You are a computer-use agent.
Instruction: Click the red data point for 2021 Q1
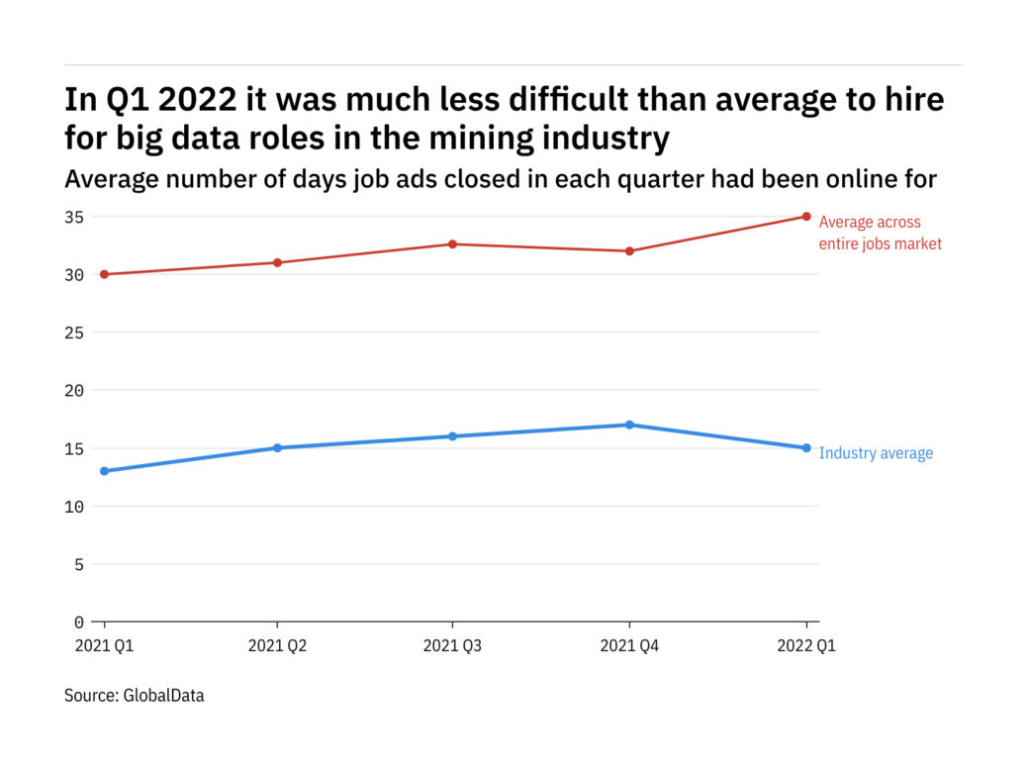(104, 274)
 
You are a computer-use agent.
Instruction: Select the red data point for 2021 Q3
(453, 243)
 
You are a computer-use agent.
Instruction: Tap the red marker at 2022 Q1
(806, 217)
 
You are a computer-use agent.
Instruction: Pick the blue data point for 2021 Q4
(629, 425)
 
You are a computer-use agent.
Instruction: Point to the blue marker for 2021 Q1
(104, 471)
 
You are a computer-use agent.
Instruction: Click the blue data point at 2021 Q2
(278, 447)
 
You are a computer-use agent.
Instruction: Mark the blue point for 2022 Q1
(806, 447)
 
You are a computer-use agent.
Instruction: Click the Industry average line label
(876, 453)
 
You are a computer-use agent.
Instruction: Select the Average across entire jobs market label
(880, 233)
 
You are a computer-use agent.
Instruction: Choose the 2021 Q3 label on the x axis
(453, 645)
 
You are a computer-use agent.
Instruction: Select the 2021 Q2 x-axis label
(278, 645)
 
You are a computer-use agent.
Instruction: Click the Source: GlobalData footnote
(135, 696)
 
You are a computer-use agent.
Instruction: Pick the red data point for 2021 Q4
(629, 250)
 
